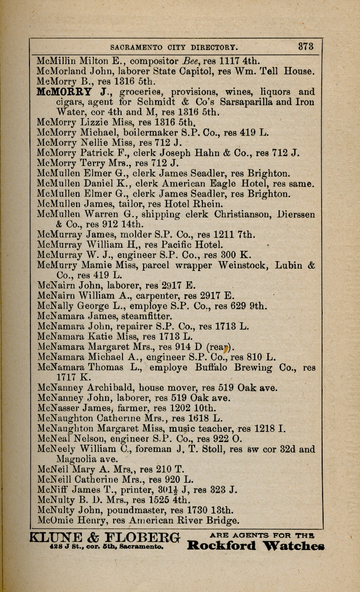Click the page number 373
pyautogui.click(x=306, y=47)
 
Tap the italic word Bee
pyautogui.click(x=188, y=61)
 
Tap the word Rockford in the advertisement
pyautogui.click(x=221, y=546)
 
